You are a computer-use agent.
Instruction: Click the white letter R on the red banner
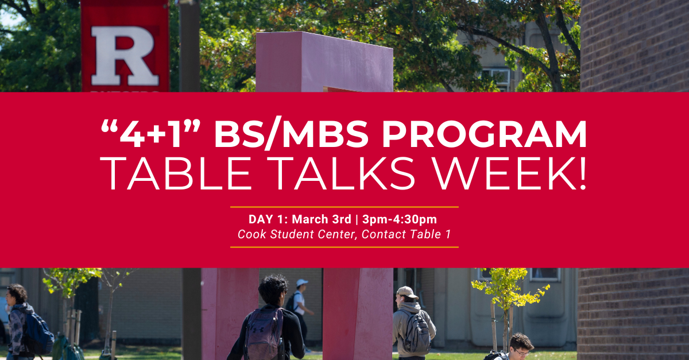tap(124, 55)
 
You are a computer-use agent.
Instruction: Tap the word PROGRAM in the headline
tap(484, 134)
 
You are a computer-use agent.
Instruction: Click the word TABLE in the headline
tap(176, 173)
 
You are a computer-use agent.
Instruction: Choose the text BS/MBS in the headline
tap(292, 134)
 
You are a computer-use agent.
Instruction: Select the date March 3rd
tap(322, 219)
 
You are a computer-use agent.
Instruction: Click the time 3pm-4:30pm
tap(400, 220)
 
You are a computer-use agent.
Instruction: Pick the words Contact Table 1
tap(406, 234)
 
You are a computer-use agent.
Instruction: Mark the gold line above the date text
tap(344, 207)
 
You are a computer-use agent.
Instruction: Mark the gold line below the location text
tap(344, 247)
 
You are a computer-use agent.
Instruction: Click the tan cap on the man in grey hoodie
tap(407, 292)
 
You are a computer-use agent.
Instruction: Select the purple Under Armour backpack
tap(264, 334)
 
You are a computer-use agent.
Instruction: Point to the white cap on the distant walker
tap(302, 282)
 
